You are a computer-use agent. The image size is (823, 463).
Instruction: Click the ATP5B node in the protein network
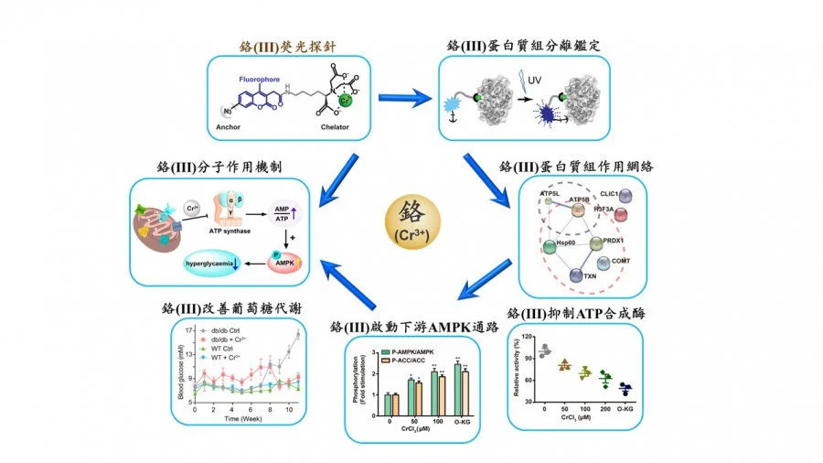tap(578, 210)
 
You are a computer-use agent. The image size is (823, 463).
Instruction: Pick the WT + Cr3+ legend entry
tap(219, 354)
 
